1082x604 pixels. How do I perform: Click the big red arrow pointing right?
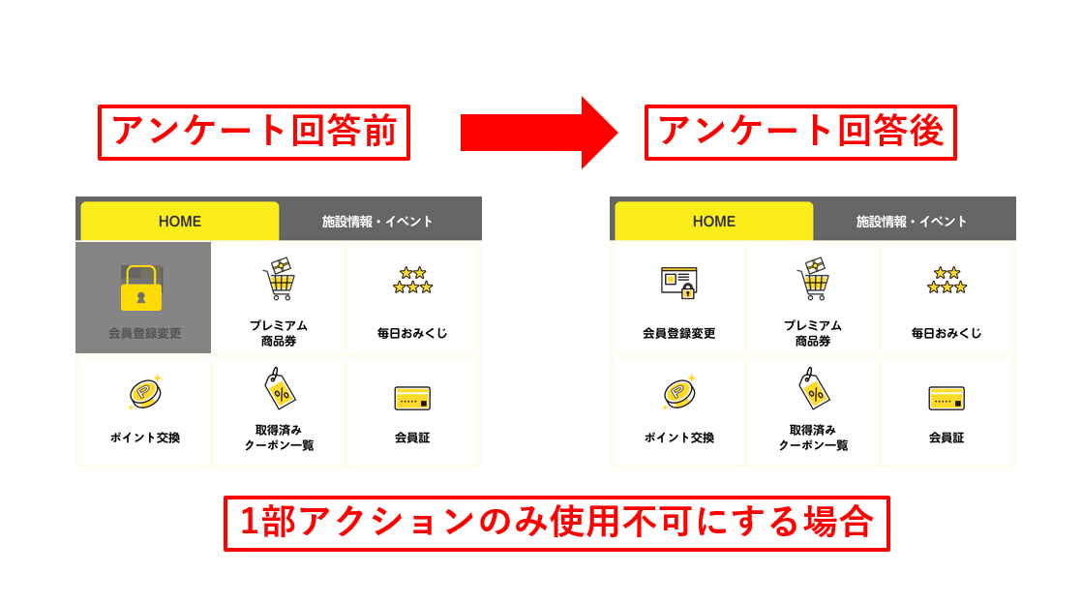538,133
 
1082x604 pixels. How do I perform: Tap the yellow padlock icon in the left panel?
141,288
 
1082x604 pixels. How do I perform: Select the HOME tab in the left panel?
180,221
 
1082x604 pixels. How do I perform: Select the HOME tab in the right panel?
714,221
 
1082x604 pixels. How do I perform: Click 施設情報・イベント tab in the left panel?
377,222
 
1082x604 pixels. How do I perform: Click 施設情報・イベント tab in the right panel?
912,222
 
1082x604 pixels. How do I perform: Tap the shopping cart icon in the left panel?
280,279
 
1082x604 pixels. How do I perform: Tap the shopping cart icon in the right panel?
814,279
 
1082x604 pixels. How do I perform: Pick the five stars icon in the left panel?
412,281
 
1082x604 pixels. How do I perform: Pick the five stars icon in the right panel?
947,281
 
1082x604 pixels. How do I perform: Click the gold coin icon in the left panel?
145,393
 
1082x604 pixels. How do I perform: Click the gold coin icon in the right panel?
679,393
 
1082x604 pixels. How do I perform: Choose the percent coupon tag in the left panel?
280,388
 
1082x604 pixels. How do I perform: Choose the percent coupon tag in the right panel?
814,388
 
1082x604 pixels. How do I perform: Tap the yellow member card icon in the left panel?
412,398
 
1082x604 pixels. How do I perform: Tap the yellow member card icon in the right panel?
947,398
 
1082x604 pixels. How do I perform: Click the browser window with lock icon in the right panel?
679,283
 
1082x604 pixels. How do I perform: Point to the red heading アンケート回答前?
254,131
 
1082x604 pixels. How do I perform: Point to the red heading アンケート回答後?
800,131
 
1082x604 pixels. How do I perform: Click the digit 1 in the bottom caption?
249,522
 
